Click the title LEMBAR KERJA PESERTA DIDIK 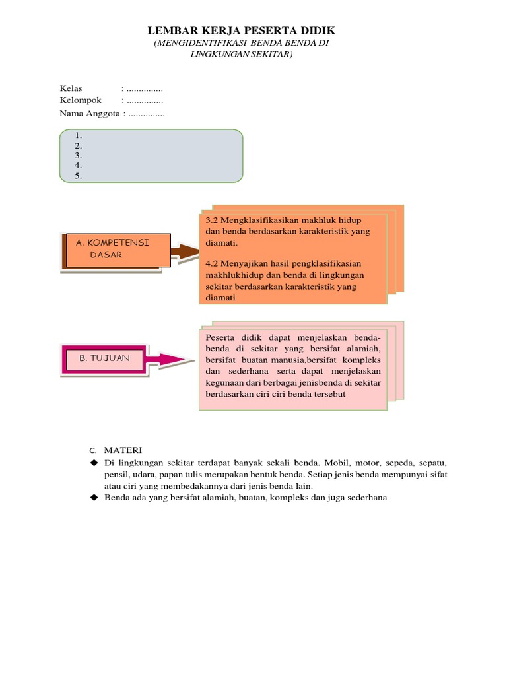point(241,30)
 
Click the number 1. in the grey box point(78,135)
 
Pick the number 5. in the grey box point(78,176)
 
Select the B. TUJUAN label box point(104,358)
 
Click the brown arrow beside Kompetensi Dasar point(184,252)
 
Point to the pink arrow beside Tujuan point(174,359)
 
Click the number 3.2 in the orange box point(211,219)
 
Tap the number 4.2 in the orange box point(211,263)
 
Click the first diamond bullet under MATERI point(94,463)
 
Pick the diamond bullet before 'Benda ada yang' point(94,497)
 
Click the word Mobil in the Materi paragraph point(351,463)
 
